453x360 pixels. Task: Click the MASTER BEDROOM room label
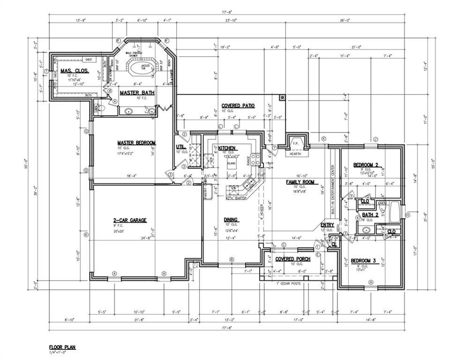tap(136, 143)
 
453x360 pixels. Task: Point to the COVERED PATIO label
tap(238, 105)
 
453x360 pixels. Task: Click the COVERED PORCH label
tap(293, 259)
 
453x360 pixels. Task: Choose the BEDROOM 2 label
tap(366, 164)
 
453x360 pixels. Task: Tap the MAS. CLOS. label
tap(74, 71)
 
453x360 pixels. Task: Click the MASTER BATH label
tap(137, 93)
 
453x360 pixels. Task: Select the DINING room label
tap(230, 219)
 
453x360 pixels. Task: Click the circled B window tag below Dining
tap(231, 259)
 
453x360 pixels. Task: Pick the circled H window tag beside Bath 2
tap(407, 215)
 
